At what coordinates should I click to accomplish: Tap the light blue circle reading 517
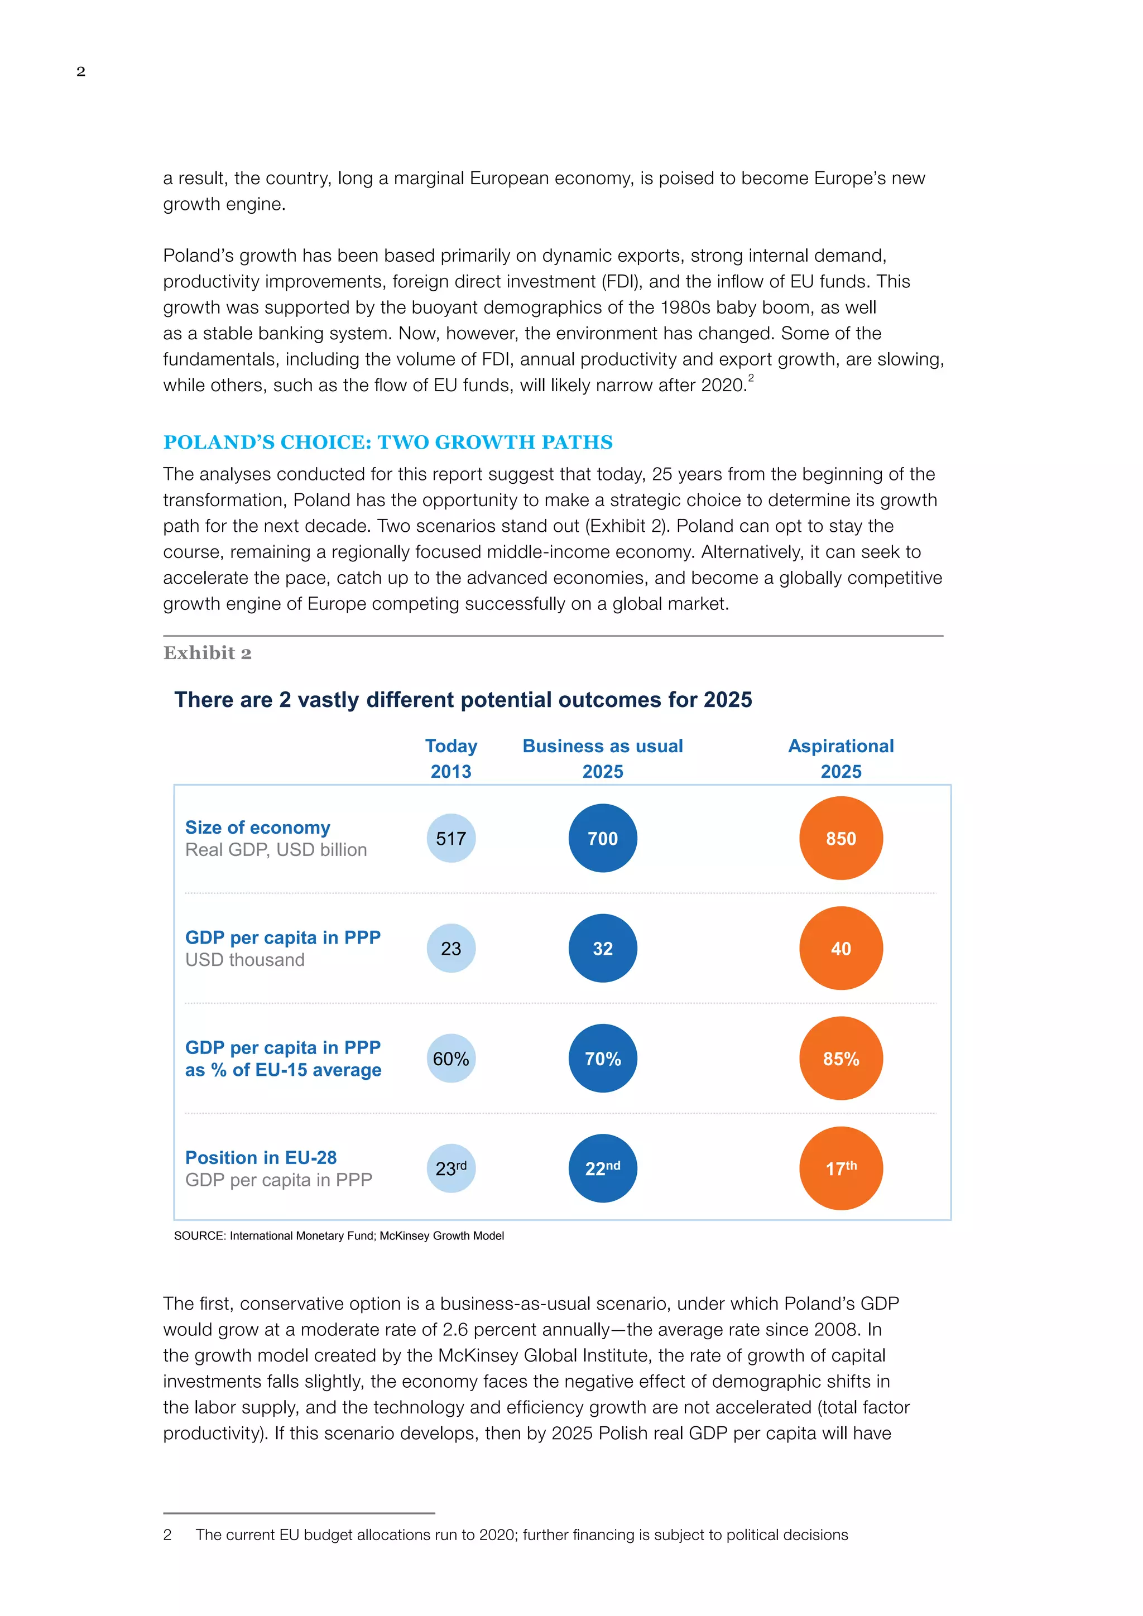(450, 838)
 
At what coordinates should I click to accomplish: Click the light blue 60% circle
(450, 1058)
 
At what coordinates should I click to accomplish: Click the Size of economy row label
(258, 827)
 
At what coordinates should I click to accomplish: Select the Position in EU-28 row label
(261, 1157)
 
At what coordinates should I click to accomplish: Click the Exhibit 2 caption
(207, 653)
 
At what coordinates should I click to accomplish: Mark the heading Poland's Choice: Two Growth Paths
(388, 442)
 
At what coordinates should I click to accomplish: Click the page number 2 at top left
(81, 71)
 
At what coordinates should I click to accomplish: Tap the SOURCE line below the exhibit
(339, 1235)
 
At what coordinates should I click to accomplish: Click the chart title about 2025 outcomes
(463, 700)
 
